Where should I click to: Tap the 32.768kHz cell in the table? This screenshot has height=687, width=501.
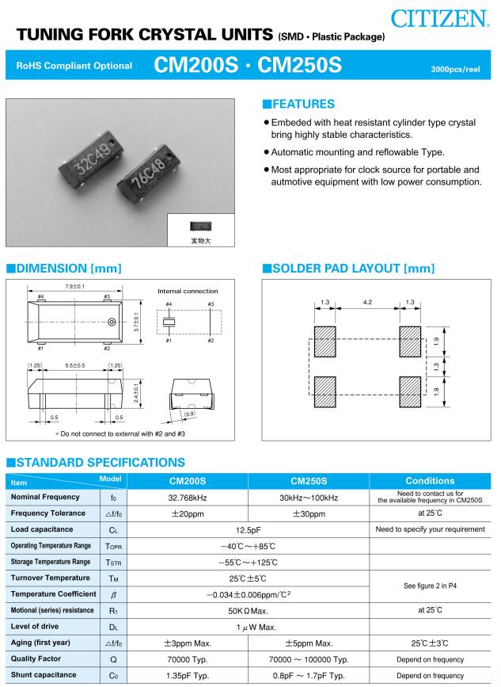click(x=188, y=497)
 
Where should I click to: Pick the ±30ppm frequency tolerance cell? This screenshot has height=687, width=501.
click(x=308, y=513)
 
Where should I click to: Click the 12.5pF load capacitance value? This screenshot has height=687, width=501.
click(x=248, y=529)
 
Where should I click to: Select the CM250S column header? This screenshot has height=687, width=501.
click(x=308, y=480)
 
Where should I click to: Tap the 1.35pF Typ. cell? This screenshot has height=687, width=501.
click(x=188, y=675)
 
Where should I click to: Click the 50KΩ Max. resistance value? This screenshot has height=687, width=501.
click(x=248, y=610)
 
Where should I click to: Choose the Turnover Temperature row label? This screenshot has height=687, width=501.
click(x=50, y=578)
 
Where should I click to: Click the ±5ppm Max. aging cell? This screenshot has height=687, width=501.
click(x=308, y=643)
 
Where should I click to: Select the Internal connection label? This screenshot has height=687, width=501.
click(x=188, y=291)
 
